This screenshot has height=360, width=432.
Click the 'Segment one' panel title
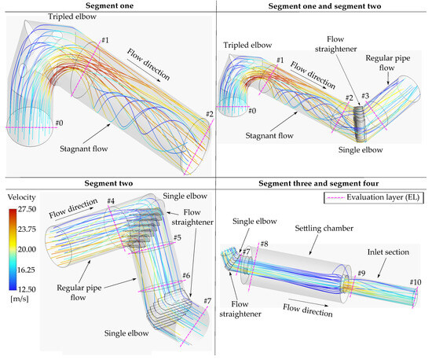(108, 6)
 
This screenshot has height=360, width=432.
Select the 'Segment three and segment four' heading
(324, 184)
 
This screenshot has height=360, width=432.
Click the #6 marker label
(186, 275)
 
